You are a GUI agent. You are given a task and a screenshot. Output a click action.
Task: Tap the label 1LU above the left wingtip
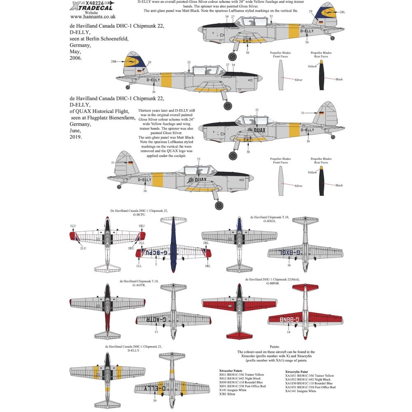click(73, 226)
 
